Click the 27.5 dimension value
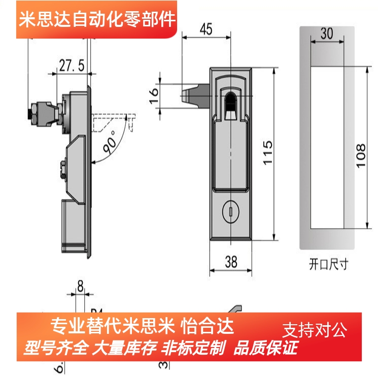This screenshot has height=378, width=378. pyautogui.click(x=72, y=65)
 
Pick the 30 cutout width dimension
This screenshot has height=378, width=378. pyautogui.click(x=327, y=33)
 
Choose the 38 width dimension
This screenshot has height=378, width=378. pyautogui.click(x=231, y=262)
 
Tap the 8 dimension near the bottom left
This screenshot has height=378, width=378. pyautogui.click(x=80, y=287)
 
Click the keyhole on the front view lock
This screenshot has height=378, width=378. pyautogui.click(x=231, y=209)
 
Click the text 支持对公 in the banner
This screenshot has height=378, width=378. pyautogui.click(x=315, y=331)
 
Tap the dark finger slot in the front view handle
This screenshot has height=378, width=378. pyautogui.click(x=231, y=104)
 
